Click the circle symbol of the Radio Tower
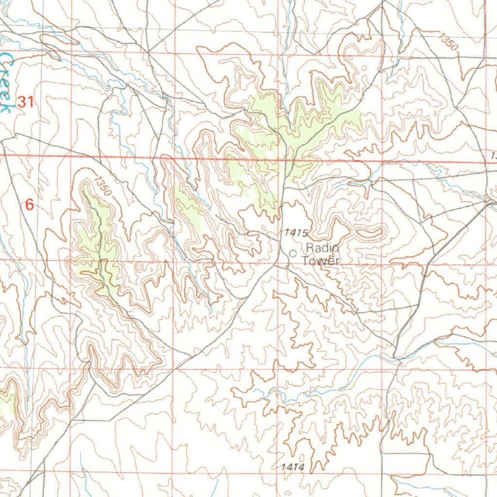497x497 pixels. click(293, 253)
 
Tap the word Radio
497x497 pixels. click(322, 248)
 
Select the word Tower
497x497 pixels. click(319, 261)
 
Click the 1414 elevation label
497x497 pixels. click(292, 467)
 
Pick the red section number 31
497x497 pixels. click(25, 102)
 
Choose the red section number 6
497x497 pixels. click(30, 205)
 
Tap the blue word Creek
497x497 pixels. click(6, 83)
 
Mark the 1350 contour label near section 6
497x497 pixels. click(103, 187)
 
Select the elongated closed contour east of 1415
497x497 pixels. click(369, 233)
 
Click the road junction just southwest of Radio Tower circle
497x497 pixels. click(276, 265)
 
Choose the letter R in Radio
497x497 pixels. click(310, 248)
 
